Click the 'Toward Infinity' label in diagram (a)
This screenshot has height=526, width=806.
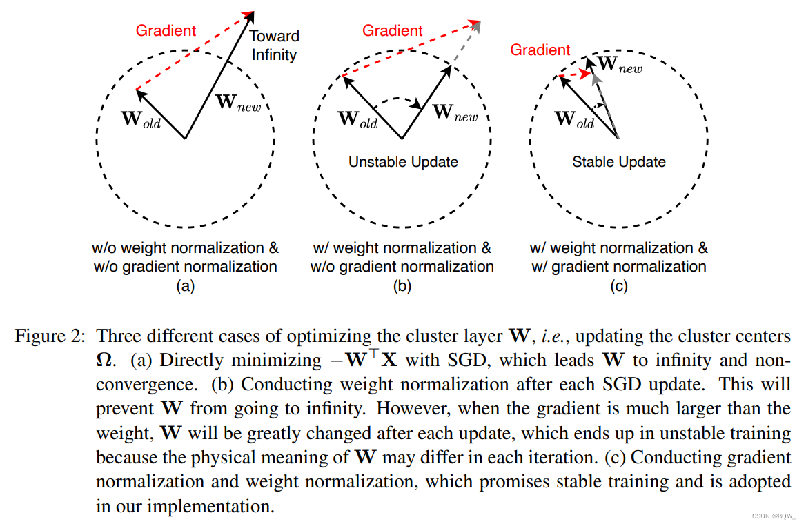point(274,45)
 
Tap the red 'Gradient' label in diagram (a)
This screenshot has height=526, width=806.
point(166,30)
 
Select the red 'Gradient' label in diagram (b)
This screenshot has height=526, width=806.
point(392,30)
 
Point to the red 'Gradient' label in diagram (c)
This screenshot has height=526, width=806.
point(540,50)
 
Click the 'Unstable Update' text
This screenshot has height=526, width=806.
point(403,162)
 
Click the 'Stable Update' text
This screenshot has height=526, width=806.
point(619,162)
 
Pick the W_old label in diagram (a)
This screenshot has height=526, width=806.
point(141,119)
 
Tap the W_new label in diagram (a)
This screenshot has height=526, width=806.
point(239,103)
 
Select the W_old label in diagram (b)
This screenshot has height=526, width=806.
point(357,119)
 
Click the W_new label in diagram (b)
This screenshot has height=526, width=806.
point(455,112)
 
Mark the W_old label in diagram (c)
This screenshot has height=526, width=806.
point(574,119)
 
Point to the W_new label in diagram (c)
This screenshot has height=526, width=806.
point(619,65)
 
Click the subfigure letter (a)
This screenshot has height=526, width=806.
point(184,286)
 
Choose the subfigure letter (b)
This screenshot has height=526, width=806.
point(402,286)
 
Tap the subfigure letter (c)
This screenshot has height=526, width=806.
point(618,286)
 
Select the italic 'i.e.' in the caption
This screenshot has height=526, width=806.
point(549,336)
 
